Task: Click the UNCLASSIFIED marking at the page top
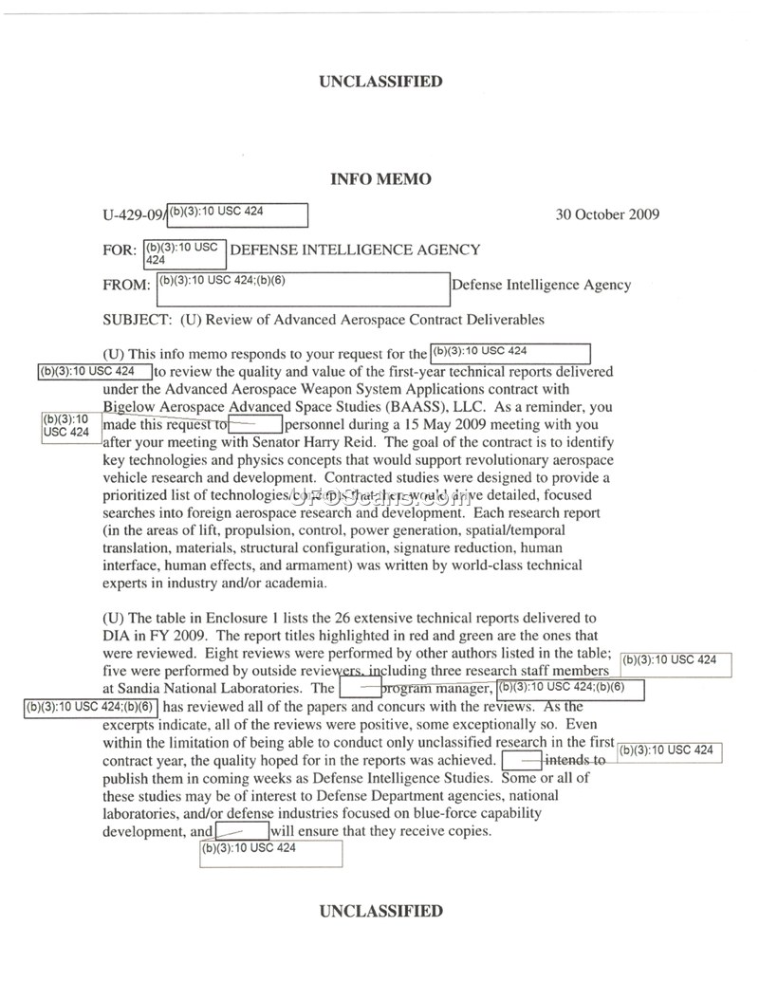[379, 82]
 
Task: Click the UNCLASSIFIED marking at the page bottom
[379, 912]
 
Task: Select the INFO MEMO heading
[379, 179]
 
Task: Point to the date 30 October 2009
[607, 214]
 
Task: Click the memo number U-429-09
[132, 215]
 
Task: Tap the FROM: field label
[125, 285]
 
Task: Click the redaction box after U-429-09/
[237, 215]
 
